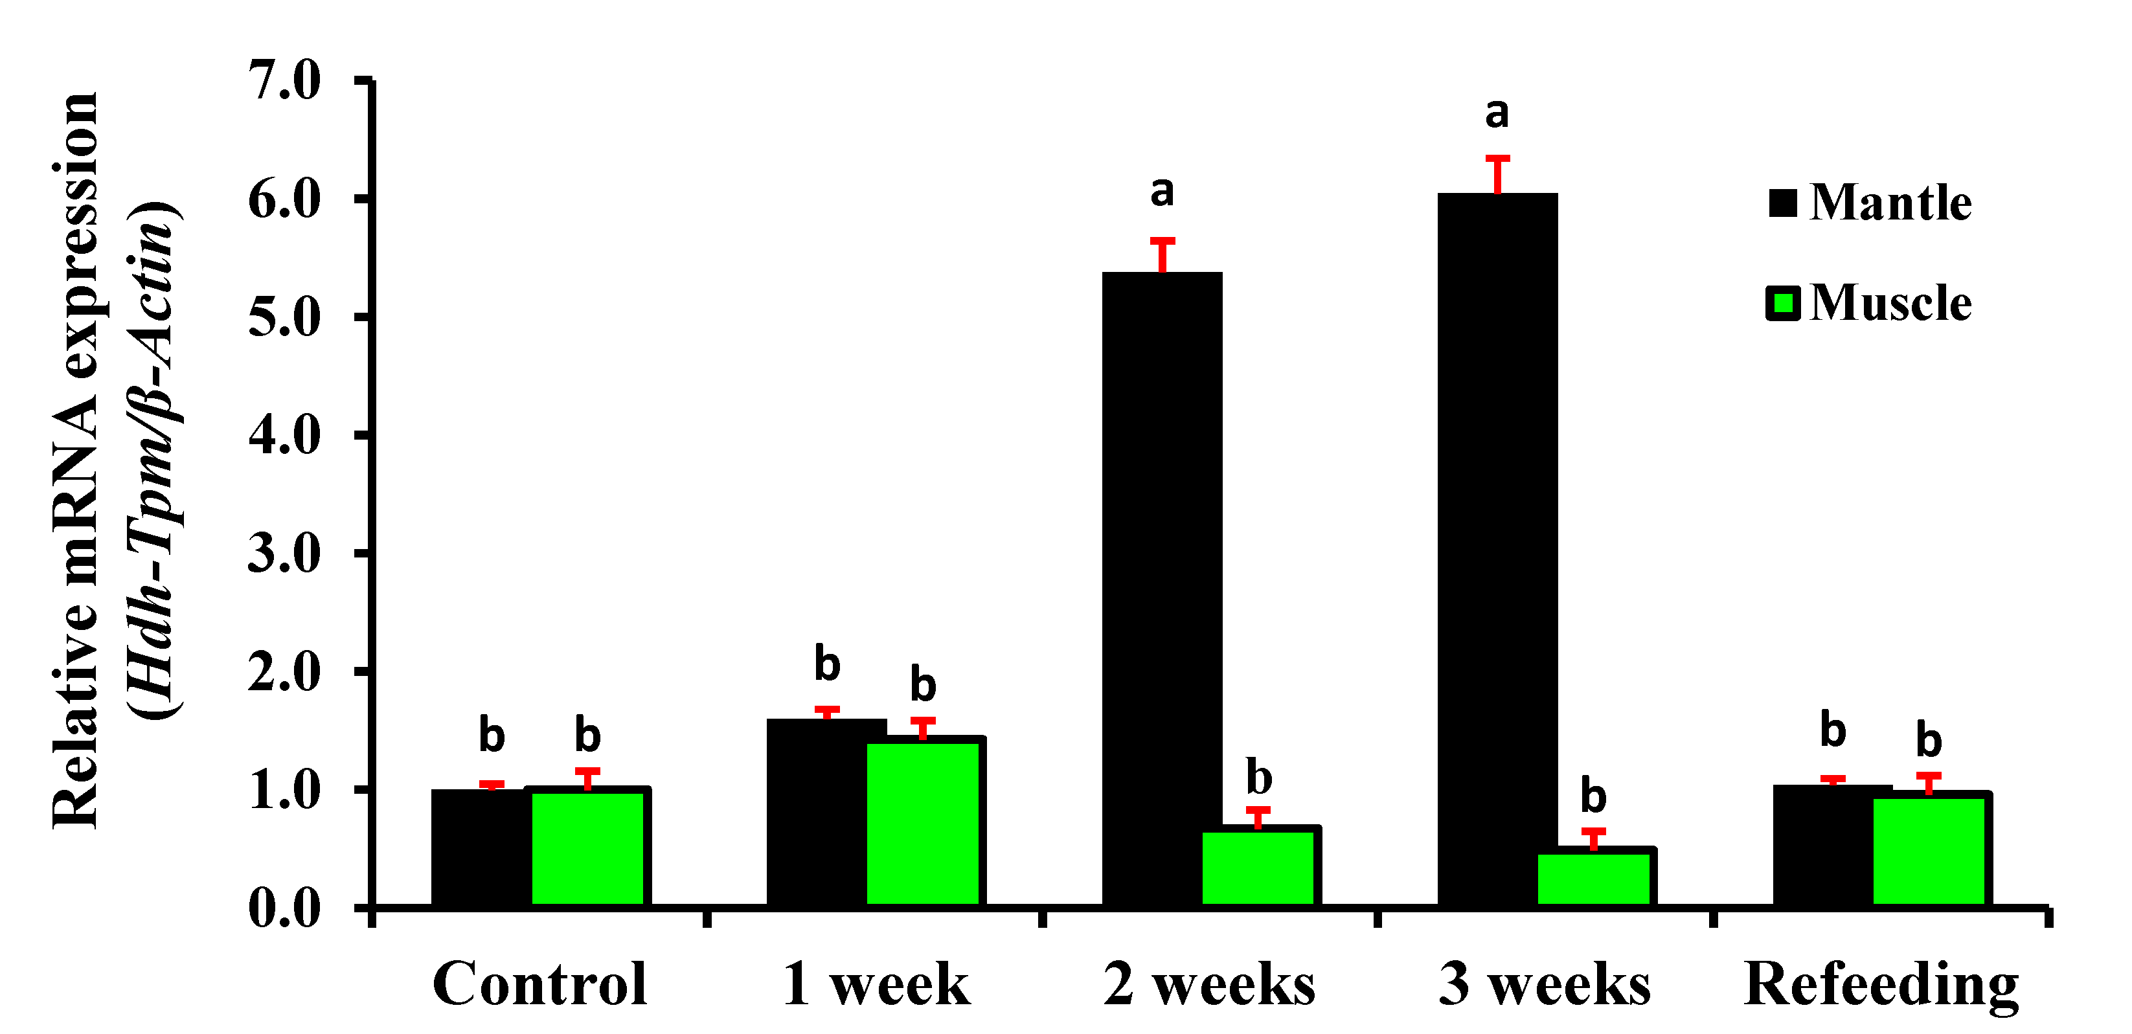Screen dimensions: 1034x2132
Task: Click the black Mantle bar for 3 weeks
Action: click(1497, 550)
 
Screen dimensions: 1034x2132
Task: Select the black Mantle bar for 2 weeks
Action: click(1162, 589)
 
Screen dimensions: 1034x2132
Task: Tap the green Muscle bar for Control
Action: click(587, 848)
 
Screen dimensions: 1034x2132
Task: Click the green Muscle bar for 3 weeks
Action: click(1593, 879)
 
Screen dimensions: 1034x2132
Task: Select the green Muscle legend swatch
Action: click(1783, 304)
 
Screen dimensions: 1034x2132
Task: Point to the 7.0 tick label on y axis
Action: click(284, 81)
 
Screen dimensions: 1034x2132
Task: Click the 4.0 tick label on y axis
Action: click(284, 436)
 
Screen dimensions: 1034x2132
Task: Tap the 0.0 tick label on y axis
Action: click(284, 908)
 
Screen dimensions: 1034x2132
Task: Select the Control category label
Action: click(539, 984)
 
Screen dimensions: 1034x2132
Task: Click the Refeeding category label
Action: click(1881, 984)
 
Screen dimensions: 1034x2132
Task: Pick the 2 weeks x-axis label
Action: click(1209, 984)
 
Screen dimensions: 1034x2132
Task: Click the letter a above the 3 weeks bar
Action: click(1497, 114)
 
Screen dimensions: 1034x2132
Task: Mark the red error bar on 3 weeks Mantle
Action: click(1497, 174)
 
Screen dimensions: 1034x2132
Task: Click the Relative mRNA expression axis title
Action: click(76, 459)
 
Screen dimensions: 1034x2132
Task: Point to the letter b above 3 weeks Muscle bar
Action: click(1593, 796)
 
